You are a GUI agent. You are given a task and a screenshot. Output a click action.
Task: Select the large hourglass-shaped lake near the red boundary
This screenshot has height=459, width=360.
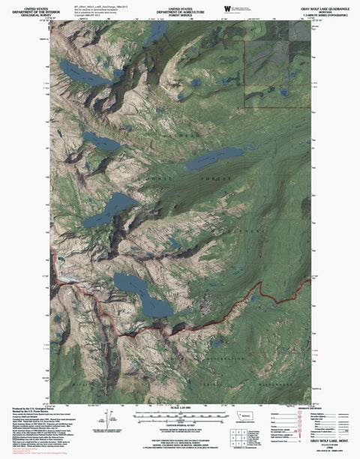(x=141, y=294)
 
